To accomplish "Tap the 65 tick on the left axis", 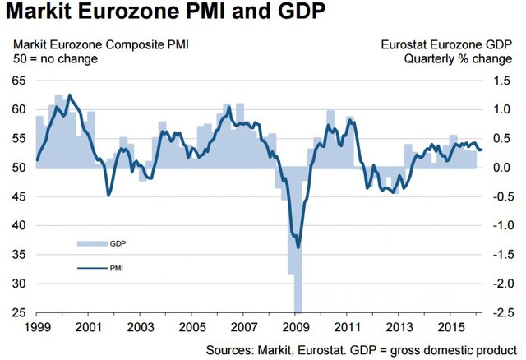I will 17,81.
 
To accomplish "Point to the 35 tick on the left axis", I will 17,254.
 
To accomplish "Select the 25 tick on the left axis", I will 17,312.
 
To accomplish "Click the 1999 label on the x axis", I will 35,326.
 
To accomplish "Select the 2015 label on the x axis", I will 450,326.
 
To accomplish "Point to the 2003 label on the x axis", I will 139,326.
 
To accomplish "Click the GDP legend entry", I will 105,244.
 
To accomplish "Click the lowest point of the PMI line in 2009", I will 298,247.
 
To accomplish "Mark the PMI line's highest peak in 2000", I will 68,95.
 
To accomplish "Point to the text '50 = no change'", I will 55,59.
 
